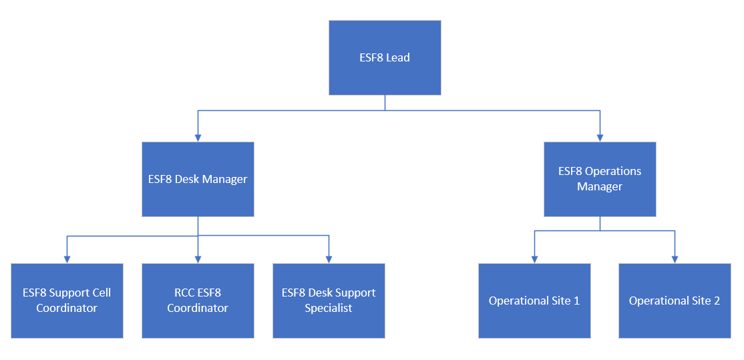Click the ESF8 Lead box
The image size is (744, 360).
point(385,57)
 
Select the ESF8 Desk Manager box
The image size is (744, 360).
point(198,179)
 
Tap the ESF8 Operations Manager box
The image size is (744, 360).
point(600,179)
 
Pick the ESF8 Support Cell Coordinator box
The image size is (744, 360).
point(67,301)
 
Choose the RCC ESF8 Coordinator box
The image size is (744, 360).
point(198,301)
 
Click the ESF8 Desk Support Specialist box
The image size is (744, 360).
point(329,301)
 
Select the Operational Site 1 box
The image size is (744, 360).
point(534,301)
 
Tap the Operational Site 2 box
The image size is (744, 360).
point(675,301)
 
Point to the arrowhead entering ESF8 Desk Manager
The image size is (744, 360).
point(198,138)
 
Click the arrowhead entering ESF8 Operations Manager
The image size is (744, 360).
point(600,138)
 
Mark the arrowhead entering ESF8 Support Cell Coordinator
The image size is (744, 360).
point(67,259)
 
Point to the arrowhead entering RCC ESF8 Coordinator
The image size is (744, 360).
point(198,259)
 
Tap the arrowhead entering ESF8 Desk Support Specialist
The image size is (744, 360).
point(329,259)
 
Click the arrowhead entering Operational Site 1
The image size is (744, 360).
point(534,259)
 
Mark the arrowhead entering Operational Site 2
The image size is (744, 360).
point(675,259)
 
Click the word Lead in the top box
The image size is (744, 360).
point(398,57)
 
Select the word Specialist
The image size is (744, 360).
point(329,309)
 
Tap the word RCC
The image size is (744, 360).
point(176,293)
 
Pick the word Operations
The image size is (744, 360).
point(613,171)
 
